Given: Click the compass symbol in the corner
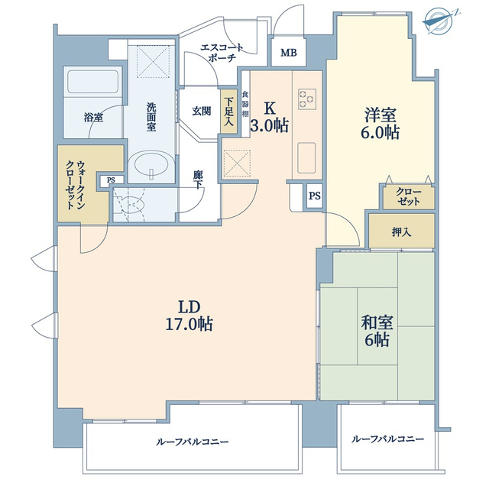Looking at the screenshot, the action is pyautogui.click(x=440, y=21).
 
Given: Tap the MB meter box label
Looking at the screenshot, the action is pyautogui.click(x=289, y=53).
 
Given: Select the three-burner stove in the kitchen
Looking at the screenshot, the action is pyautogui.click(x=307, y=99).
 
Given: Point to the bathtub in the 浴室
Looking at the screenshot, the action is pyautogui.click(x=93, y=81).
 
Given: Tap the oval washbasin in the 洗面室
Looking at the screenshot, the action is pyautogui.click(x=151, y=165).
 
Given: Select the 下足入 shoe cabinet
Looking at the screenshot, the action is pyautogui.click(x=228, y=112).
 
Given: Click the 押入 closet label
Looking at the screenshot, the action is pyautogui.click(x=401, y=232).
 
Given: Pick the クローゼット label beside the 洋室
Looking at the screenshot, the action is pyautogui.click(x=408, y=197).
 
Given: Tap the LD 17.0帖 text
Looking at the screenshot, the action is pyautogui.click(x=189, y=316).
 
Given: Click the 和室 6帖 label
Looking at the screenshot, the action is pyautogui.click(x=377, y=331).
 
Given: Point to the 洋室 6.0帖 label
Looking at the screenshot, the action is pyautogui.click(x=381, y=124).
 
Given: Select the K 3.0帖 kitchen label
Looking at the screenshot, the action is pyautogui.click(x=270, y=118).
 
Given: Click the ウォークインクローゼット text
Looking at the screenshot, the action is pyautogui.click(x=75, y=185).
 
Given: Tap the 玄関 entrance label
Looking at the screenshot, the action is pyautogui.click(x=201, y=111).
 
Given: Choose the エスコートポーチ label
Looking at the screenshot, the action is pyautogui.click(x=222, y=53).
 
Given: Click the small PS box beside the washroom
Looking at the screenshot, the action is pyautogui.click(x=111, y=180).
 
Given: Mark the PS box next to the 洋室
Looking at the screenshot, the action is pyautogui.click(x=314, y=196).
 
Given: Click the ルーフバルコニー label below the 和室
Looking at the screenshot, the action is pyautogui.click(x=387, y=439).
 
